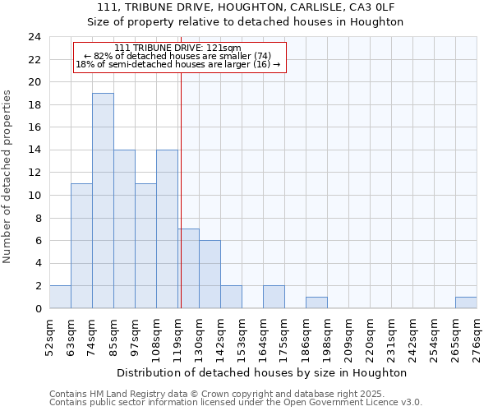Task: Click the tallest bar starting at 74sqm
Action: (x=103, y=201)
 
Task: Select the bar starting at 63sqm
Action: (x=81, y=246)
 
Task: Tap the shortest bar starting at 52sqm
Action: (x=60, y=297)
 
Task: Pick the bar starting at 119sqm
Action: (x=188, y=269)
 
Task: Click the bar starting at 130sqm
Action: (x=210, y=275)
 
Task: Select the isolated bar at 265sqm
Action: (x=466, y=302)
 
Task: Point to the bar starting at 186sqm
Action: (x=316, y=302)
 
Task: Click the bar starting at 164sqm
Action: (x=274, y=297)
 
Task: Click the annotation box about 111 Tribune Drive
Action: (x=179, y=57)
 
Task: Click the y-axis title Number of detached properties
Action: (x=8, y=176)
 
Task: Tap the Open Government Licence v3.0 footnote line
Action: (x=236, y=403)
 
